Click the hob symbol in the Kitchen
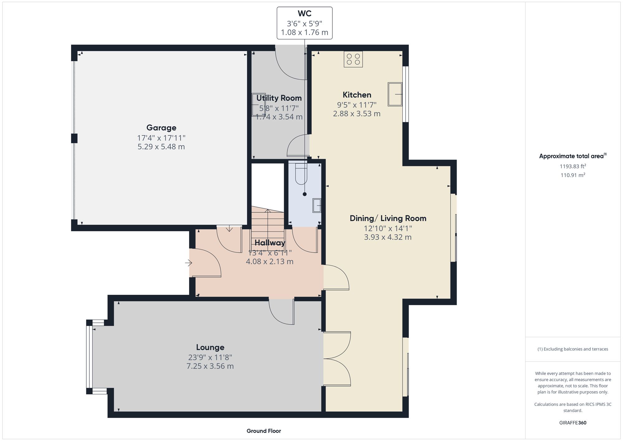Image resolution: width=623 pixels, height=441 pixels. [353, 59]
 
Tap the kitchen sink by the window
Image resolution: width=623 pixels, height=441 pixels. [395, 94]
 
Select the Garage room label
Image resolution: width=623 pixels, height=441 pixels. [161, 128]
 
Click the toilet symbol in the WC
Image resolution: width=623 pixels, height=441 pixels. [301, 175]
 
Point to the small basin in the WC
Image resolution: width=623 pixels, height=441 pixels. [317, 206]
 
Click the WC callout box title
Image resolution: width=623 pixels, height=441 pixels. [304, 14]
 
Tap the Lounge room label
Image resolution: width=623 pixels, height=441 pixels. [210, 347]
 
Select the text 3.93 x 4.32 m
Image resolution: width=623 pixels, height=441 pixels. [388, 237]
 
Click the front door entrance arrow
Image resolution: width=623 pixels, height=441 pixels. [188, 263]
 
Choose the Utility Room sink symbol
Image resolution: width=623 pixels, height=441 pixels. [259, 105]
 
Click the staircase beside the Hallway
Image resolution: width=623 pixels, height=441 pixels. [268, 226]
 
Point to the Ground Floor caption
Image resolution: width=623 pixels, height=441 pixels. [264, 431]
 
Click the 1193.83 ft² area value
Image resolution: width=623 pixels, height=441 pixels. [573, 166]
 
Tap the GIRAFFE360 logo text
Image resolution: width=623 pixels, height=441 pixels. [573, 423]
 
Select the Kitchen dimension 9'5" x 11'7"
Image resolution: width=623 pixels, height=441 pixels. [357, 105]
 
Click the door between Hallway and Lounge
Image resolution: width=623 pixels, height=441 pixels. [282, 312]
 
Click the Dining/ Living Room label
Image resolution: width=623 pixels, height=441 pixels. [388, 218]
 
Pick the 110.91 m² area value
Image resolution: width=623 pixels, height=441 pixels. [573, 175]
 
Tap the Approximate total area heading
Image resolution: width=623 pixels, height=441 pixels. [573, 156]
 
